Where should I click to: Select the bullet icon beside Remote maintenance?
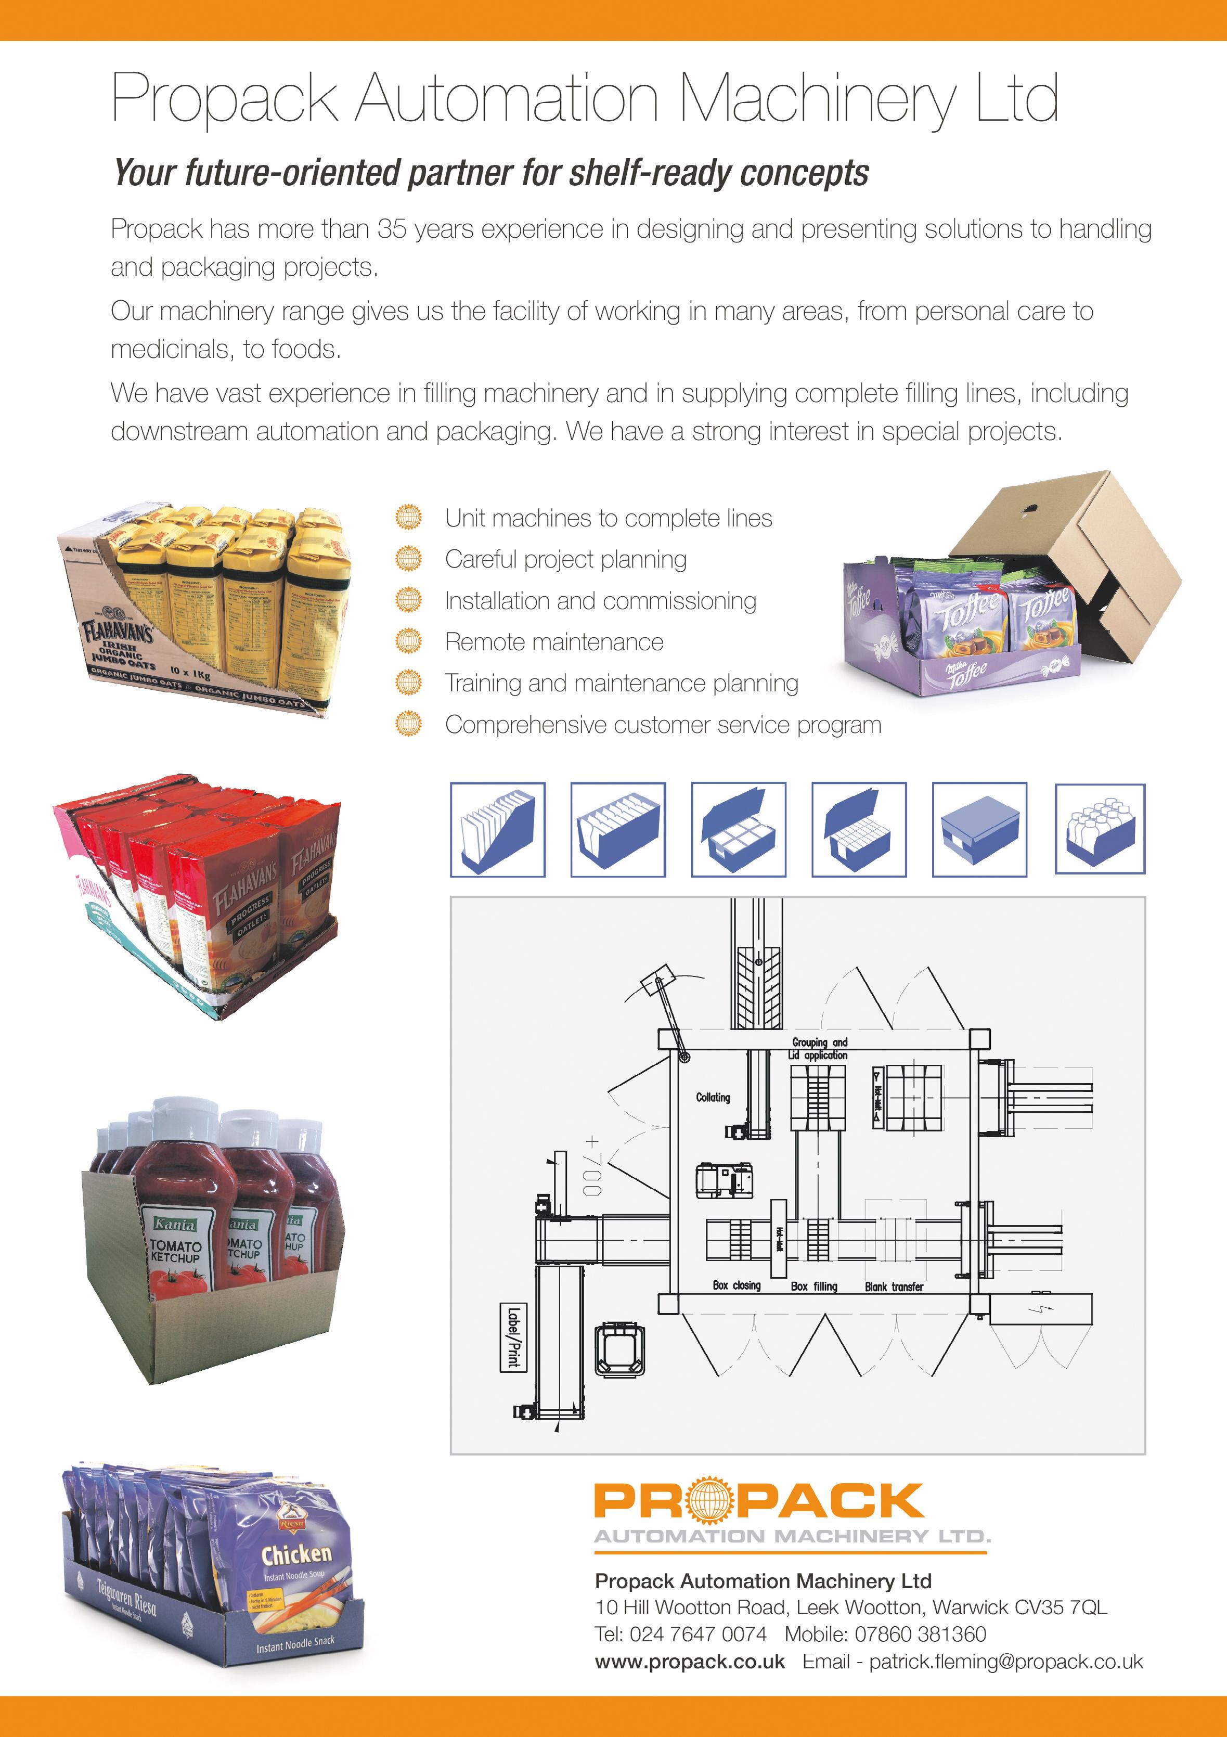click(x=408, y=641)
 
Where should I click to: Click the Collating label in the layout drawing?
click(x=713, y=1097)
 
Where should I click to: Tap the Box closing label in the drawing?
click(x=736, y=1285)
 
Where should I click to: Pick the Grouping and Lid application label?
click(x=819, y=1049)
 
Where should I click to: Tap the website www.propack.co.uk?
click(x=690, y=1662)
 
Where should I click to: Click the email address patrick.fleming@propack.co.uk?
click(x=1005, y=1662)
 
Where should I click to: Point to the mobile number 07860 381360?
click(x=920, y=1634)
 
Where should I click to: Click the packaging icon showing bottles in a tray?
click(x=1100, y=830)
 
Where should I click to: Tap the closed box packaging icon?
click(x=979, y=830)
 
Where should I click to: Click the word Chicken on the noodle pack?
click(x=296, y=1555)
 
